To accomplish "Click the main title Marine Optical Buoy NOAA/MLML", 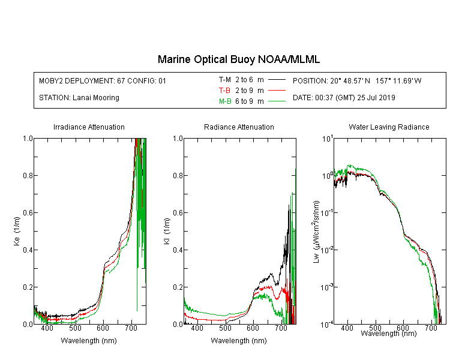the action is tap(238, 59).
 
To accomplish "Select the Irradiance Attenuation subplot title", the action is tap(89, 127).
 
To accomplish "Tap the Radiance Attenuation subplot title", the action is tap(239, 127).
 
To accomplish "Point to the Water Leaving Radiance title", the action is tap(389, 127).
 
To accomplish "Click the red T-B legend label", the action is tap(224, 91).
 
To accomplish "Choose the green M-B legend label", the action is tap(225, 101).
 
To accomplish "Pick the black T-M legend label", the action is tap(225, 80).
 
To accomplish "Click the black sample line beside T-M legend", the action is tap(277, 80).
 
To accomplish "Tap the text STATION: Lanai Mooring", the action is tap(79, 98).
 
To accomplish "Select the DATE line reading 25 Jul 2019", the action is tap(344, 98).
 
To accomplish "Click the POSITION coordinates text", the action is tap(357, 80).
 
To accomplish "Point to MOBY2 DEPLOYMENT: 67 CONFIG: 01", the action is tap(103, 80).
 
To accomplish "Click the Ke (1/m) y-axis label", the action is tap(17, 231).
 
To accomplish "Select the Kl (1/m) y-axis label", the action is tap(167, 231).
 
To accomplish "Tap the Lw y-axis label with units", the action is tap(316, 232).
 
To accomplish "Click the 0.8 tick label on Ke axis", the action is tap(28, 175).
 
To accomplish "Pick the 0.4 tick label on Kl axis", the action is tap(178, 250).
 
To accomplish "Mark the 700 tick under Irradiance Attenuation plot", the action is tap(131, 328).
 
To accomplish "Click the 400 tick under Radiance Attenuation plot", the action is tap(197, 328).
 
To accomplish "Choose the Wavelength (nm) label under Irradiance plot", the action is tap(89, 340).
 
